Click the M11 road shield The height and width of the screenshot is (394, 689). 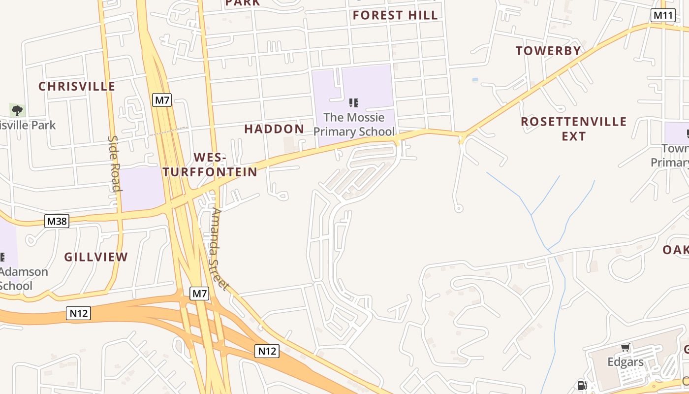coord(662,15)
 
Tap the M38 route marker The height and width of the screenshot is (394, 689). coord(57,221)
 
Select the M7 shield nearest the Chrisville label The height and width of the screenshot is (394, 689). coord(162,100)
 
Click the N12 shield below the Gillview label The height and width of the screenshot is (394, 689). coord(79,313)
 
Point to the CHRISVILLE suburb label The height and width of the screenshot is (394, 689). coord(77,86)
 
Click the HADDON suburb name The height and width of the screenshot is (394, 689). coord(274,129)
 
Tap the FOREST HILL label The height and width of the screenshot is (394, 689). coord(395,15)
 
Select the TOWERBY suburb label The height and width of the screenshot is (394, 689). coord(548,50)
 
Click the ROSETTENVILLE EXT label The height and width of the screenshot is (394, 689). coord(573,128)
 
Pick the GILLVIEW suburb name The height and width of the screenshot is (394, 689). coord(96,257)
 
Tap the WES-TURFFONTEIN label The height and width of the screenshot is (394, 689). coord(210,164)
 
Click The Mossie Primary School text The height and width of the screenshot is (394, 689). coord(354,125)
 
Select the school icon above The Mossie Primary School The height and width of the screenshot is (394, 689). coord(353,103)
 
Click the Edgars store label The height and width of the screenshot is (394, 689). coord(625,362)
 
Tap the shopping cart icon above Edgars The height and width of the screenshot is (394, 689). coord(626,348)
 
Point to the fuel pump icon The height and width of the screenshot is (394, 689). coord(582,386)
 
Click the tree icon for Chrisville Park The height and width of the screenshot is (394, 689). coord(17,110)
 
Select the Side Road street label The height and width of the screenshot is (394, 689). coord(114,163)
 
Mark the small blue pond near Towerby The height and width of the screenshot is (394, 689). coord(474,79)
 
